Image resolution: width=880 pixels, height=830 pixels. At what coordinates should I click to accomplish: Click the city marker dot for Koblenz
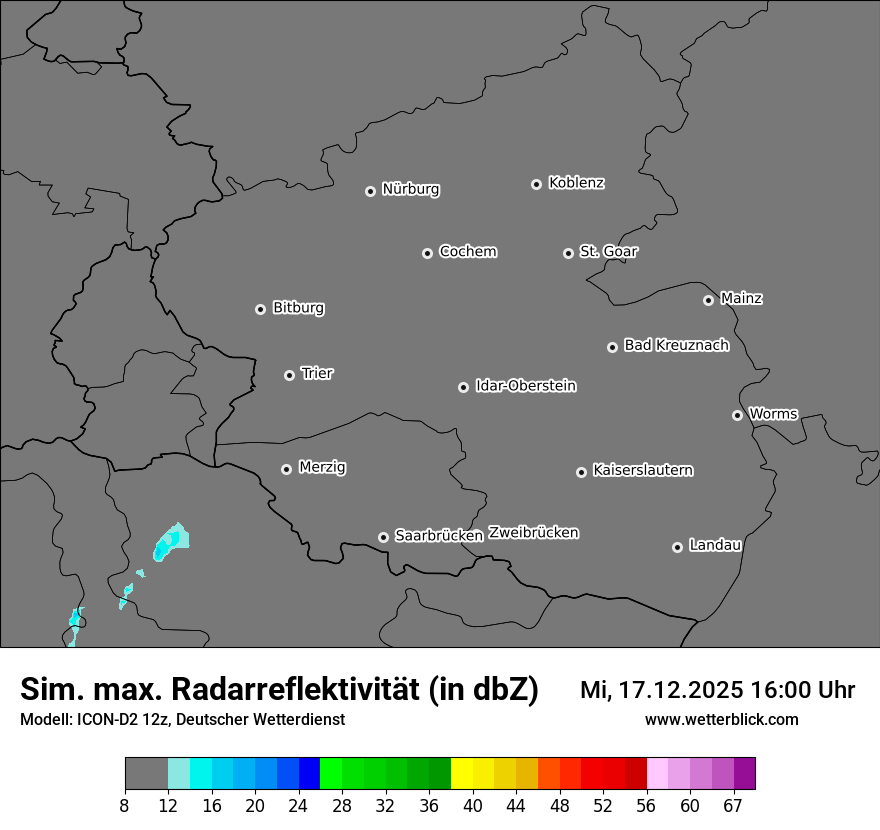pos(536,184)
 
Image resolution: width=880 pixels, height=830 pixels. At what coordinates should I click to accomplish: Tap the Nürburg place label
pos(411,189)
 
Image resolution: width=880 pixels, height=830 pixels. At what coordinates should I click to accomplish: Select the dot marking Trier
pos(290,375)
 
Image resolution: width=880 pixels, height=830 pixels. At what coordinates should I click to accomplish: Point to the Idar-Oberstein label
pos(526,386)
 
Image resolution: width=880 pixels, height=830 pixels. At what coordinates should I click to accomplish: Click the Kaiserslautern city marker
pos(581,472)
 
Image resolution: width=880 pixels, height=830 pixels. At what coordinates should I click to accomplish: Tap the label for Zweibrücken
pos(534,533)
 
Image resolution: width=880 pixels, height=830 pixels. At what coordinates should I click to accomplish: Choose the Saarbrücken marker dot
pos(383,537)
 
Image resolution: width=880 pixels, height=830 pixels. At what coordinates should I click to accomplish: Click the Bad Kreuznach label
pos(676,345)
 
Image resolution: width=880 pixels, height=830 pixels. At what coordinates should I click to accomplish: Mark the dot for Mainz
pos(708,300)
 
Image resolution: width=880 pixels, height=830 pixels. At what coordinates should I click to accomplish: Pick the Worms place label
pos(773,414)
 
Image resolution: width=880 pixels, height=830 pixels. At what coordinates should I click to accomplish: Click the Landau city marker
pos(677,547)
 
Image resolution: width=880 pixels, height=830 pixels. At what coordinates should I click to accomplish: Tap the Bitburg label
pos(298,308)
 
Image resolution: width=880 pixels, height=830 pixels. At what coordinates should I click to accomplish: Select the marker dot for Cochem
pos(427,253)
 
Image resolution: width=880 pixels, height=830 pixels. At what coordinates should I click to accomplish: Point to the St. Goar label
pos(608,252)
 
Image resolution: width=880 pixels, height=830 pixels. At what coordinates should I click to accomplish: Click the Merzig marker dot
pos(286,469)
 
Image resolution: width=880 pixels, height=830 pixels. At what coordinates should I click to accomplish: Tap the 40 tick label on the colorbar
pos(473,806)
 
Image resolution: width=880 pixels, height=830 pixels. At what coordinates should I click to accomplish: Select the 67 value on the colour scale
pos(733,806)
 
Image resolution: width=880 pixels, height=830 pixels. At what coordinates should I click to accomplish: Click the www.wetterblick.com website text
pos(721,720)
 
